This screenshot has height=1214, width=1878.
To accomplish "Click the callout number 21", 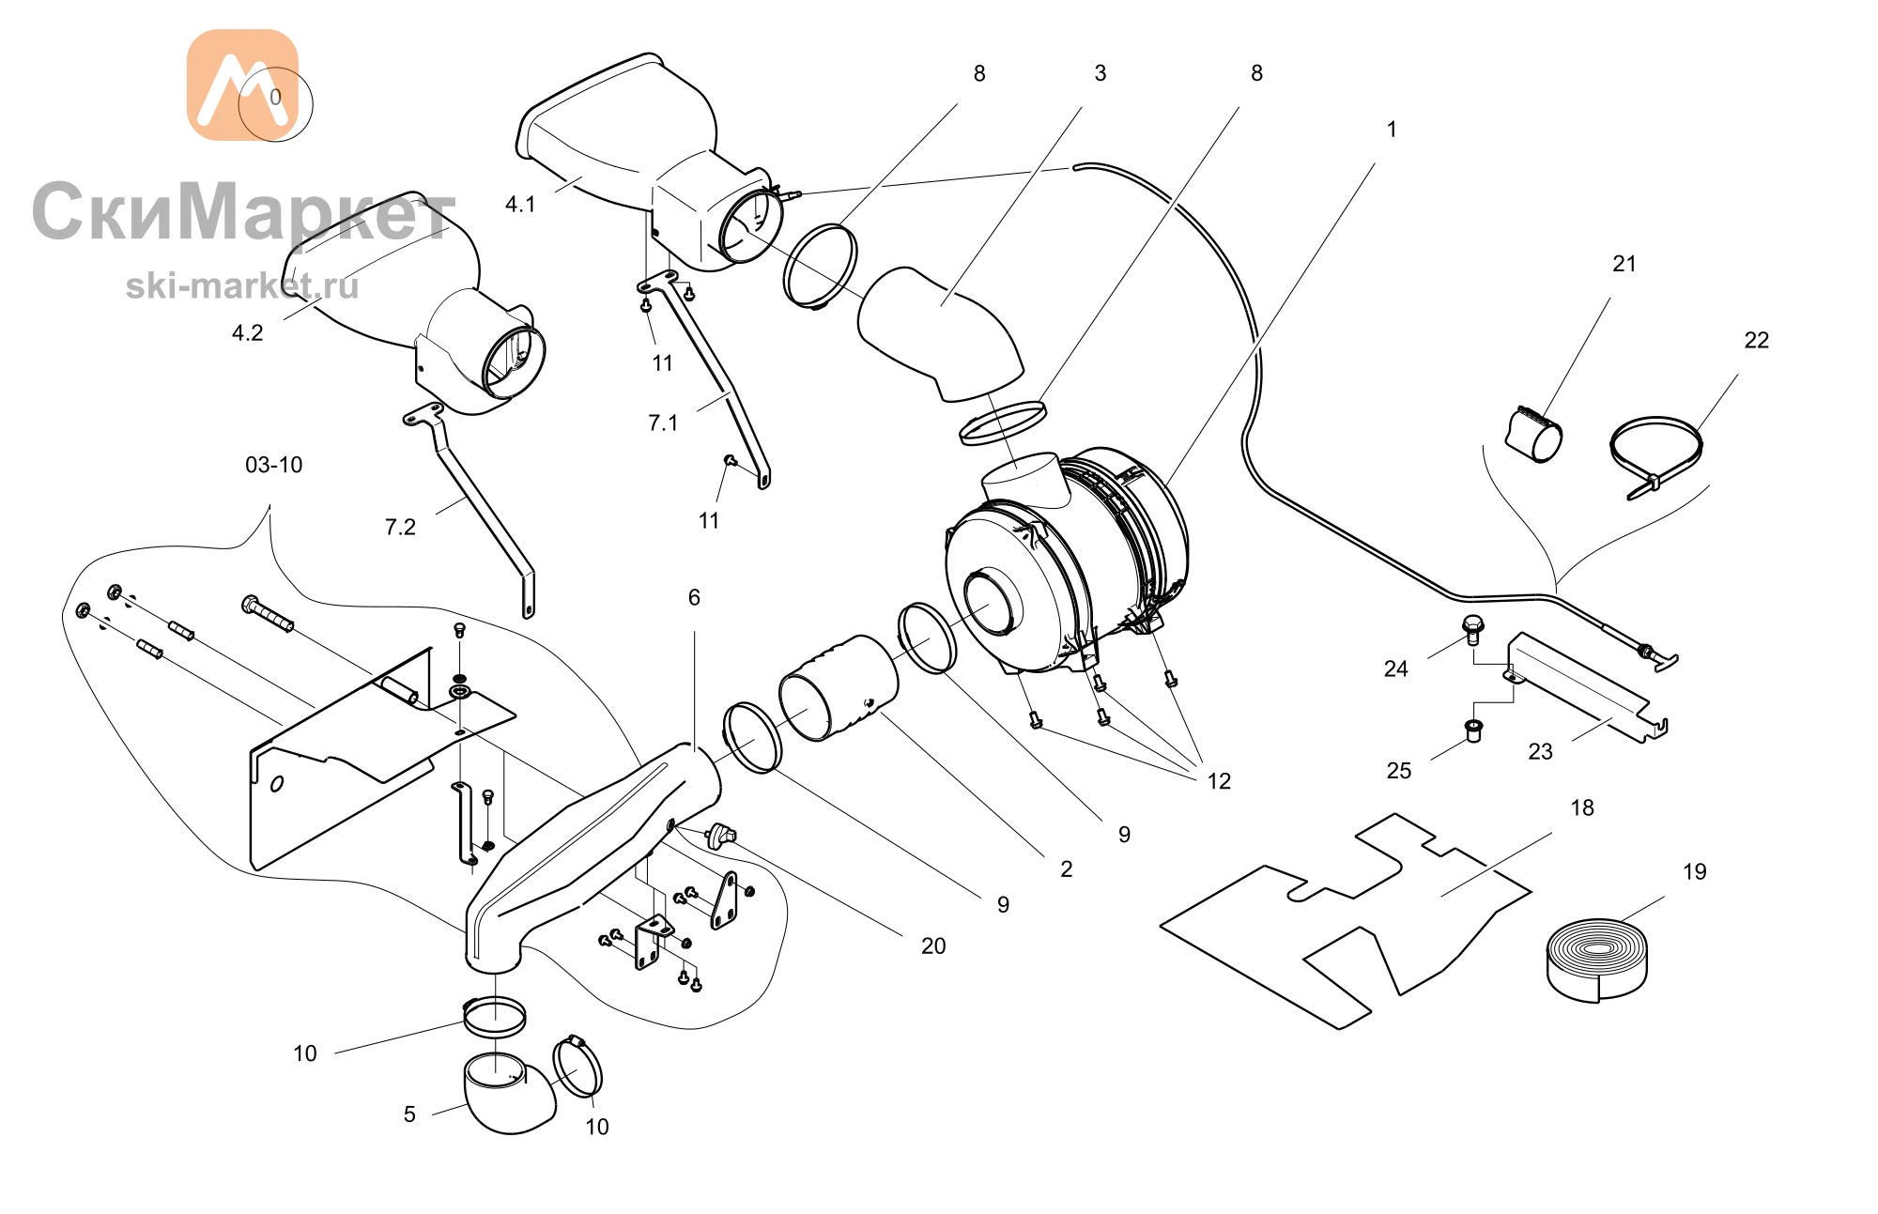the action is point(1624,264).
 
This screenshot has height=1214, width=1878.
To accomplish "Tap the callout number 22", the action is point(1756,340).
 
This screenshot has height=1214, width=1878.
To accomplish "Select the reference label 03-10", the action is point(273,465).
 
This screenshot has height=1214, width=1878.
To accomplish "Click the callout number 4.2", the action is point(247,333).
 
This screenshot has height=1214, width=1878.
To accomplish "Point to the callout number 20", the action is point(932,945).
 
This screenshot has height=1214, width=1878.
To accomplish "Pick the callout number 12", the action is point(1218,781).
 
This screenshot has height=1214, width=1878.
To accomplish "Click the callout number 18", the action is point(1581,807).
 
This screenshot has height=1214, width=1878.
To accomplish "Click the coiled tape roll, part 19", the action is point(1596,960).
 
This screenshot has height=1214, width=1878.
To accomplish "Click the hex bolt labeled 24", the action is point(1472,628).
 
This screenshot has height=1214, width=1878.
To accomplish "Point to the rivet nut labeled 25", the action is point(1473,730).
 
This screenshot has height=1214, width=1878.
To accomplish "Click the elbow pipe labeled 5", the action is point(508,1097).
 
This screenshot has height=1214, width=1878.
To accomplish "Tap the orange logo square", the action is point(242,85).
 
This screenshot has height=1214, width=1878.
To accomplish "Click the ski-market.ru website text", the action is point(242,285).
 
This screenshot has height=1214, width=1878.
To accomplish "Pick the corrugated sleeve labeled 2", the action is point(838,687).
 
